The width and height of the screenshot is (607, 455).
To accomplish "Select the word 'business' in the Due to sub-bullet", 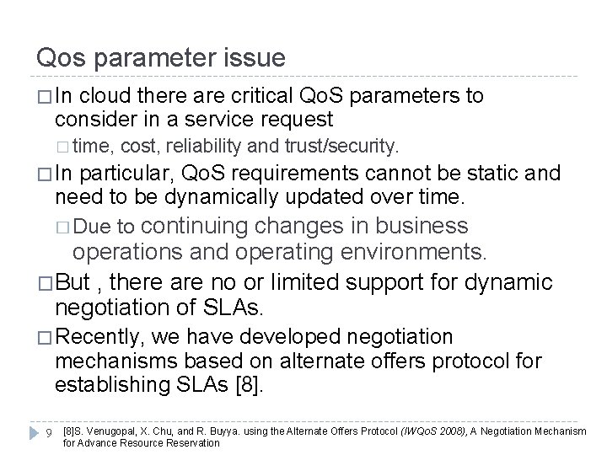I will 421,226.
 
